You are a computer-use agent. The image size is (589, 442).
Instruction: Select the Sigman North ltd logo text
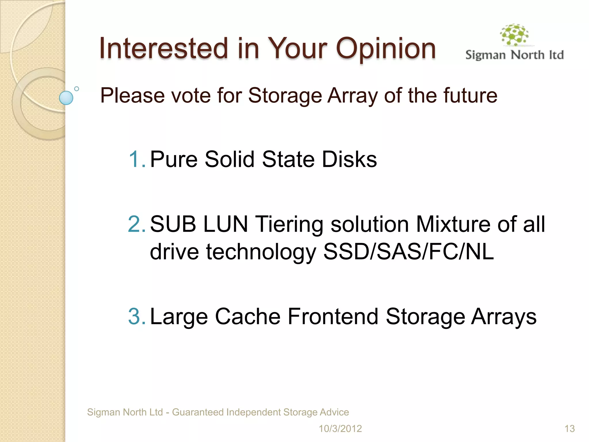[514, 55]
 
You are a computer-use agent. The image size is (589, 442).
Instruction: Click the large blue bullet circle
[66, 98]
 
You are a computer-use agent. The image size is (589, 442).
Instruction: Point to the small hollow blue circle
[77, 89]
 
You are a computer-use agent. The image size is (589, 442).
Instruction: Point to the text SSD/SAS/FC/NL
[408, 252]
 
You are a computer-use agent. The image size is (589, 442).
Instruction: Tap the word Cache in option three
[248, 317]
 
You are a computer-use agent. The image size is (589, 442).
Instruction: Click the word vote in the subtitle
[191, 96]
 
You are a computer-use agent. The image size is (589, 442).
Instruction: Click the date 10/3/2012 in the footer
[340, 429]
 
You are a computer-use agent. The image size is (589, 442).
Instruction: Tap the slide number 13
[569, 429]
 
